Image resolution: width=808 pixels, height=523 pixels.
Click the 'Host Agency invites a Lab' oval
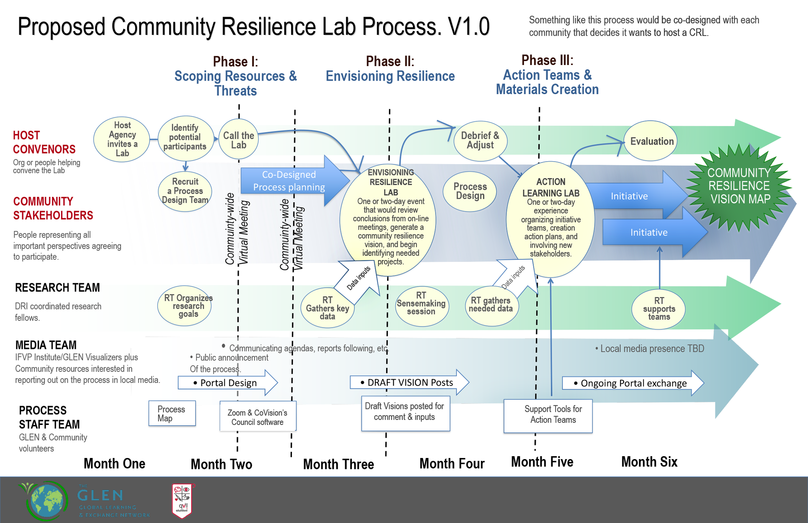[x=122, y=139]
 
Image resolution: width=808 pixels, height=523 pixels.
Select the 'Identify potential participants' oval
[x=185, y=138]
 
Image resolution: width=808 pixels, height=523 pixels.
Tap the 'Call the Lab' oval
[x=239, y=140]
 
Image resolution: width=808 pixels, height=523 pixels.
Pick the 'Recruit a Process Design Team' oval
[x=185, y=191]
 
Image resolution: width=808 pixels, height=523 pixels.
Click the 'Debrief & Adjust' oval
[x=480, y=141]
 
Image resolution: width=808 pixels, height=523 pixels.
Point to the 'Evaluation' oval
[x=651, y=141]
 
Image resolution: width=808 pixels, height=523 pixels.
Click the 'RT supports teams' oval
[x=659, y=309]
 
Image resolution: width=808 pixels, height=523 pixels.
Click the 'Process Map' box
[x=172, y=414]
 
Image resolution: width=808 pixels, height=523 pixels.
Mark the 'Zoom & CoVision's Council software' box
[x=258, y=417]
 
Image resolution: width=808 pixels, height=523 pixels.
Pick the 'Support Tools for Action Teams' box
[x=548, y=415]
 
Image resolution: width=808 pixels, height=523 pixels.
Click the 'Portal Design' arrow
[x=228, y=383]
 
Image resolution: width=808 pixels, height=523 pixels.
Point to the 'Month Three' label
[x=338, y=464]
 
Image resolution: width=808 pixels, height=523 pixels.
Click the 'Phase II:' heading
[x=390, y=61]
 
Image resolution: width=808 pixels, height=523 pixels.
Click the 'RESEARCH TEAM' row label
[x=57, y=288]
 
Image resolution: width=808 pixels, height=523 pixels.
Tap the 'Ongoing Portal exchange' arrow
[x=633, y=383]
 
